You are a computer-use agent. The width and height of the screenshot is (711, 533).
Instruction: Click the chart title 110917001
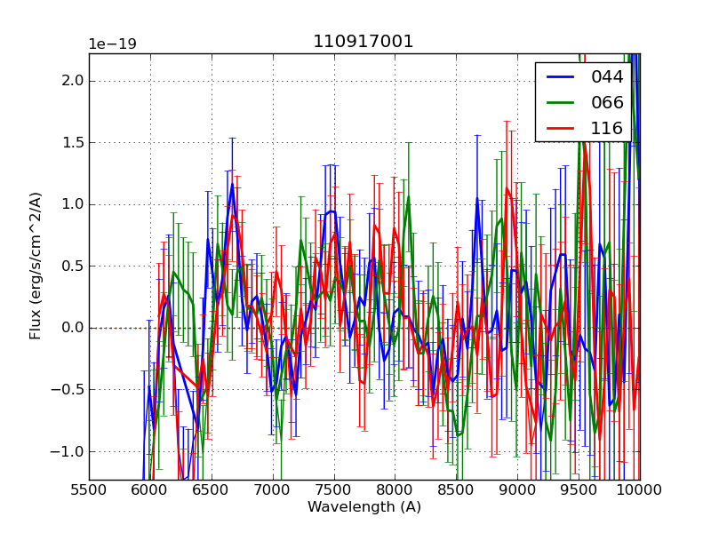pos(363,42)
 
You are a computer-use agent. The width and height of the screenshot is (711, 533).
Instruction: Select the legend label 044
pos(607,76)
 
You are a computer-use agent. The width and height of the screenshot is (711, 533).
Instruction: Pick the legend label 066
pos(607,102)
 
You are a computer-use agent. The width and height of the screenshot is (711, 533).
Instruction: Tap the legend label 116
pos(607,128)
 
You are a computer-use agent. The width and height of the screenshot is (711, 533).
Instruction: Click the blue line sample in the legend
pos(560,76)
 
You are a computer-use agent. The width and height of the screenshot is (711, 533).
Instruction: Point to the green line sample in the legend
pos(560,102)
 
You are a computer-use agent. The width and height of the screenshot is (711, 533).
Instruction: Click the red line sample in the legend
pos(560,128)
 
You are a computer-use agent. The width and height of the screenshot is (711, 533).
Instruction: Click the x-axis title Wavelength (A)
pos(364,507)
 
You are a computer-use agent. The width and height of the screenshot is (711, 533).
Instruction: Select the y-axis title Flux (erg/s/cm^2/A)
pos(36,266)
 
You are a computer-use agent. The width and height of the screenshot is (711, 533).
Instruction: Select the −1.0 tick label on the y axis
pos(68,451)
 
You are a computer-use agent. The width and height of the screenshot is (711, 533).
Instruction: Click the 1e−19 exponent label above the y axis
pos(112,44)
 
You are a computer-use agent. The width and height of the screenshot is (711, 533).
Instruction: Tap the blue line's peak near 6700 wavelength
pos(232,185)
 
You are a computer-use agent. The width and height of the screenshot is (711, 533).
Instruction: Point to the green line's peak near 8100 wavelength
pos(408,196)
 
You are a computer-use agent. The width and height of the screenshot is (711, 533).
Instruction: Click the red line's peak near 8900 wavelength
pos(507,188)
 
